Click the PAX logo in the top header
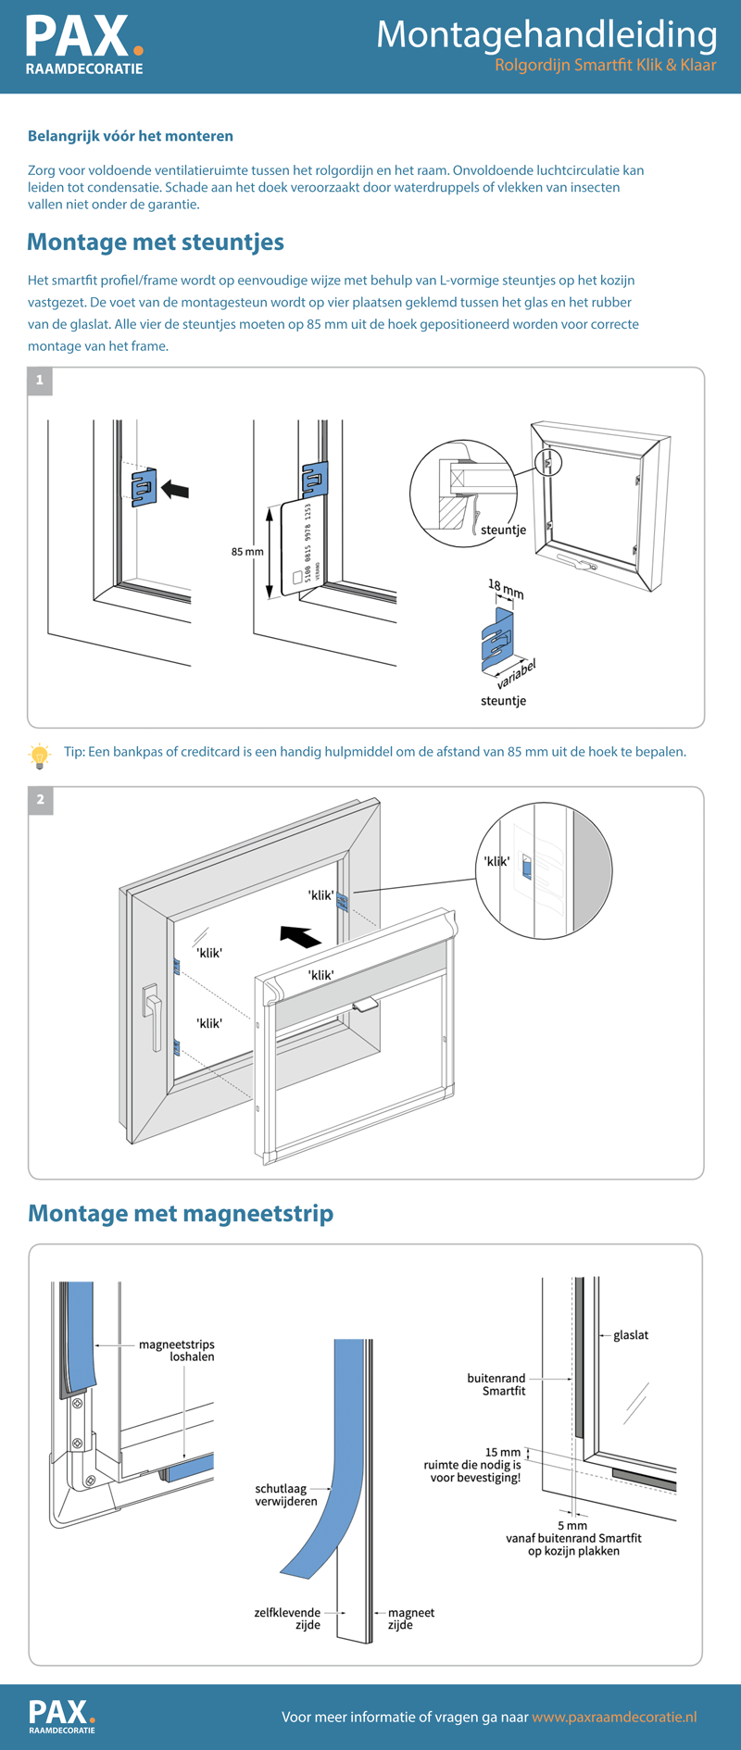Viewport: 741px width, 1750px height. (x=84, y=44)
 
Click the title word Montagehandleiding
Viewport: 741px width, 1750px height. (x=546, y=35)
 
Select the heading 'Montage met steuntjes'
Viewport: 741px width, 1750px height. (x=156, y=242)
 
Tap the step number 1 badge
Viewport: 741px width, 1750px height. (x=40, y=381)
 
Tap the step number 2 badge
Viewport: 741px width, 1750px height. (x=40, y=800)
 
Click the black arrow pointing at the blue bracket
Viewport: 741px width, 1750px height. (x=175, y=488)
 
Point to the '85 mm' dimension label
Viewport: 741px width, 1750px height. (x=247, y=552)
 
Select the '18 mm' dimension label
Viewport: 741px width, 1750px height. (x=506, y=589)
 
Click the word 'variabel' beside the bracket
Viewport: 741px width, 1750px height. (x=516, y=674)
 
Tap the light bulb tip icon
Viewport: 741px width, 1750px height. (x=39, y=756)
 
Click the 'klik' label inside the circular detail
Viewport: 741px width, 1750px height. (x=497, y=861)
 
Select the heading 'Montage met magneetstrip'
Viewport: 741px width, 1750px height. (x=181, y=1213)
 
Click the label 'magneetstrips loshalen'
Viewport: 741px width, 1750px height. (x=177, y=1351)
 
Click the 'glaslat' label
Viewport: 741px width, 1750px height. (x=631, y=1335)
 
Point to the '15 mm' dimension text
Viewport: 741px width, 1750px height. (x=503, y=1453)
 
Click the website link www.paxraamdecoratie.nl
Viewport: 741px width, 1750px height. (x=614, y=1717)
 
